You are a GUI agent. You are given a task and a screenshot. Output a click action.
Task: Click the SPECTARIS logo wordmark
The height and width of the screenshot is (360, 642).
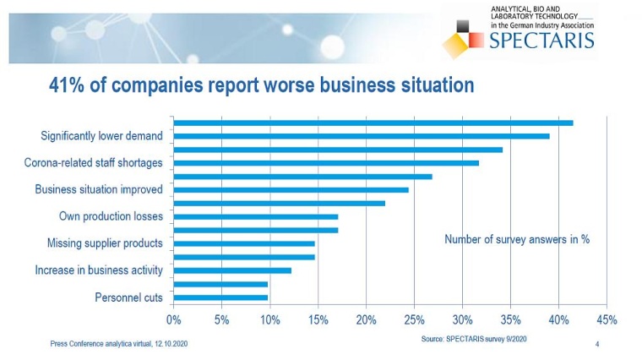point(542,39)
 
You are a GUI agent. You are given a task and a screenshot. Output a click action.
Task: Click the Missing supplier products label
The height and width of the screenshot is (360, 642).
point(105,243)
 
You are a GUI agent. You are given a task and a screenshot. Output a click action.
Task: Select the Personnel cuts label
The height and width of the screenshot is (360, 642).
point(129,297)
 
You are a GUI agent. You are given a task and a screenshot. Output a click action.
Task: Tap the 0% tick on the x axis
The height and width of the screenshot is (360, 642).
point(174,319)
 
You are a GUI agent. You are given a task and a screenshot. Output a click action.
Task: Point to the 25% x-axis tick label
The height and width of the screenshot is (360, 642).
point(415,319)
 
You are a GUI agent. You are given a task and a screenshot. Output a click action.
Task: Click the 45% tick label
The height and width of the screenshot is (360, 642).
point(607,319)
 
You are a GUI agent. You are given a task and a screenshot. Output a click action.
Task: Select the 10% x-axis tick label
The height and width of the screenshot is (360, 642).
point(270,319)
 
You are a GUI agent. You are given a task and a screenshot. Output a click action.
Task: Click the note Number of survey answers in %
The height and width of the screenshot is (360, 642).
point(517,239)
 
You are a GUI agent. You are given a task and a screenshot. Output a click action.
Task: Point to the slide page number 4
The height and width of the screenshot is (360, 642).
point(597,344)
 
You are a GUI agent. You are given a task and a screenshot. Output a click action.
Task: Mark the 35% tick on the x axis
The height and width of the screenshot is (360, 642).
point(510,319)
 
